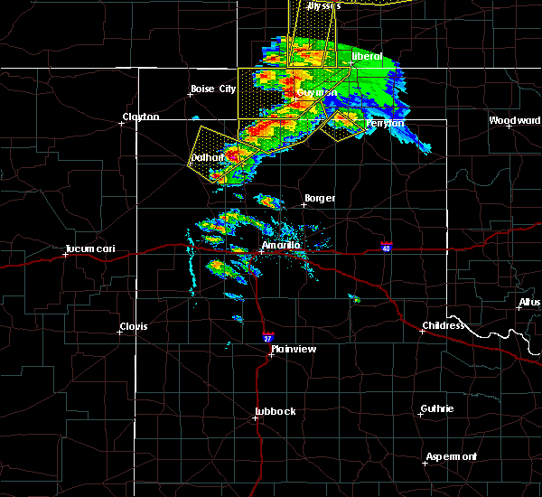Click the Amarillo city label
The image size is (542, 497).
(x=280, y=245)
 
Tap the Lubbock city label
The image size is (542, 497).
(x=275, y=411)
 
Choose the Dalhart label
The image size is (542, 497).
(x=207, y=157)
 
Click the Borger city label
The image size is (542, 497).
(x=320, y=198)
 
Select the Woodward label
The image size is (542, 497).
(x=515, y=120)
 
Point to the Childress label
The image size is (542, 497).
(x=443, y=325)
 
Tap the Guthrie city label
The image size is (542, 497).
(x=438, y=408)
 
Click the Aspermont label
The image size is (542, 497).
(x=451, y=456)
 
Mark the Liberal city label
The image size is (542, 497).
(x=367, y=56)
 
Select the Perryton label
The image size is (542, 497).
(x=383, y=123)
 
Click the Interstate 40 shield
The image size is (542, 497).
(x=386, y=248)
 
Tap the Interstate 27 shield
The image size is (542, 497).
(x=266, y=336)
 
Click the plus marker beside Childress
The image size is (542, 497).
(x=422, y=331)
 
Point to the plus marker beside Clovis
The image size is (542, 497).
(x=119, y=332)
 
